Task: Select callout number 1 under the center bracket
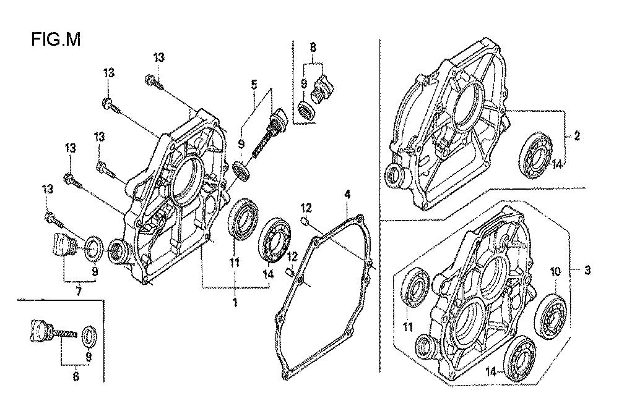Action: click(x=235, y=303)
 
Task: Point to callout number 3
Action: click(x=587, y=270)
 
